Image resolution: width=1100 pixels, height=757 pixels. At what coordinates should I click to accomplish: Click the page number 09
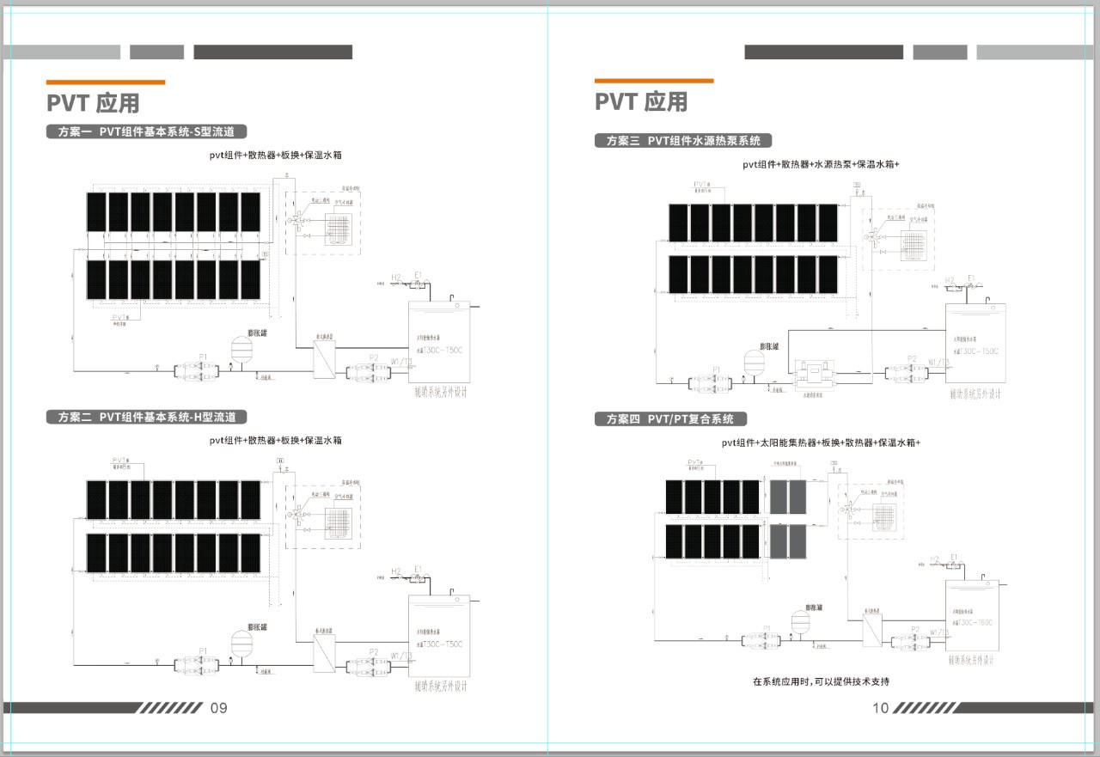click(x=218, y=708)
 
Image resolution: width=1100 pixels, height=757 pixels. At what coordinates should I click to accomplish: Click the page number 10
click(x=880, y=708)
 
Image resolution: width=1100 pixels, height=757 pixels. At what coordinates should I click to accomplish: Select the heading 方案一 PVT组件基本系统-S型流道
click(x=147, y=132)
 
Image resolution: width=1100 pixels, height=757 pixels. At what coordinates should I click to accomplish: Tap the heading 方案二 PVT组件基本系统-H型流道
click(x=147, y=418)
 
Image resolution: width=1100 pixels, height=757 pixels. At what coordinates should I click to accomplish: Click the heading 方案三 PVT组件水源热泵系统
click(x=683, y=141)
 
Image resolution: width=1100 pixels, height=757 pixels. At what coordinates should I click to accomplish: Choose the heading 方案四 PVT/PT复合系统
click(x=670, y=419)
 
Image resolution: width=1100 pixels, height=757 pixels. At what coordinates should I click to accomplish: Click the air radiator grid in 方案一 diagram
click(x=339, y=229)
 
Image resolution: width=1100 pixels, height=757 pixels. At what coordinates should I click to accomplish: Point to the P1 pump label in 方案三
click(x=717, y=369)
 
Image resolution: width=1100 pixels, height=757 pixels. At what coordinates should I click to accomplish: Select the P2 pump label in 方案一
click(x=373, y=357)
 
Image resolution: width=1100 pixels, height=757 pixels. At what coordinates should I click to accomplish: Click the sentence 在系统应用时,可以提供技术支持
click(x=821, y=681)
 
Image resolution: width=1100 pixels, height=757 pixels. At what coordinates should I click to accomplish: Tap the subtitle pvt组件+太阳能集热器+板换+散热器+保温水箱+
click(x=821, y=443)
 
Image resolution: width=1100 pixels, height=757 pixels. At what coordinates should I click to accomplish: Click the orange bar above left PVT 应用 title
click(x=106, y=82)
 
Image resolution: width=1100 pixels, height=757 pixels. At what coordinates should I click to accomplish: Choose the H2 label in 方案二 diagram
click(x=396, y=571)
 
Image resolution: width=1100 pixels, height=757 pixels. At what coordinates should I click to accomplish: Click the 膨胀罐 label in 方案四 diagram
click(x=809, y=607)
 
